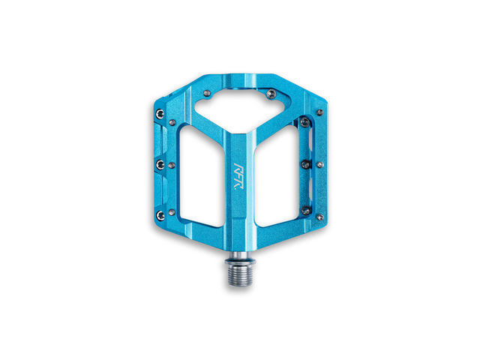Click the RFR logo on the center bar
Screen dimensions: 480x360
pos(237,177)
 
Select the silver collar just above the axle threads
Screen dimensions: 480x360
pos(240,262)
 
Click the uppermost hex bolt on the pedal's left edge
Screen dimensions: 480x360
pos(160,114)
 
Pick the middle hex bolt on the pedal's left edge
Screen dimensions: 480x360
pos(160,165)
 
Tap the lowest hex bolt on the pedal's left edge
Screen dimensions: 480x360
pos(160,215)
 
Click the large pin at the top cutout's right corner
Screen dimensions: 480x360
pos(271,94)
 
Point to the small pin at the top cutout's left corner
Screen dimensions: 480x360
pos(207,93)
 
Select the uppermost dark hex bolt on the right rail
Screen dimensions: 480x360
pos(305,122)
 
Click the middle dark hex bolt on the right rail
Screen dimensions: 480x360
pos(306,165)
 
